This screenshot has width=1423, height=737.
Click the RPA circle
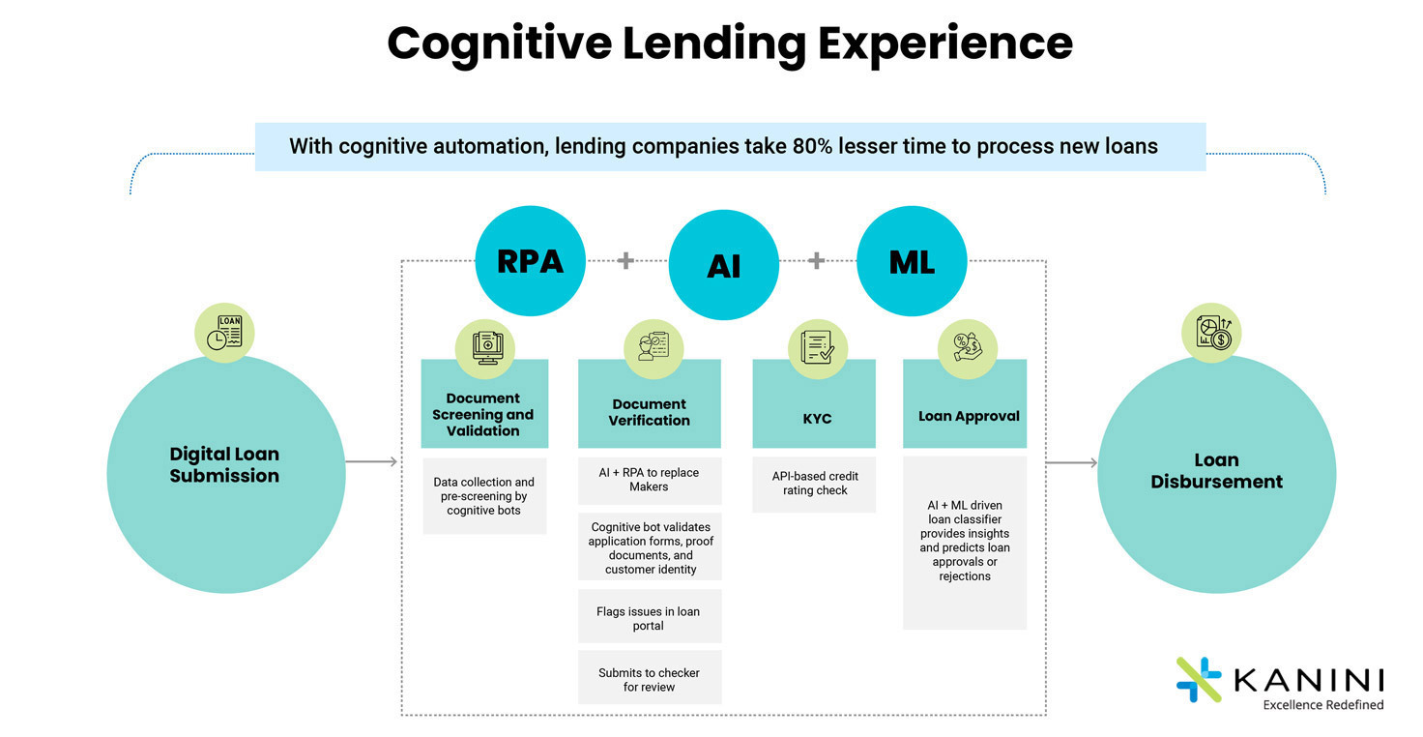coord(531,260)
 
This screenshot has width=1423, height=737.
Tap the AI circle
coord(723,265)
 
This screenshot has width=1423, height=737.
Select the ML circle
coord(912,260)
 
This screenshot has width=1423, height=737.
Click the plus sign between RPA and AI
coord(625,260)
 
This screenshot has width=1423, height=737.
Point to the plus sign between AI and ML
coord(816,260)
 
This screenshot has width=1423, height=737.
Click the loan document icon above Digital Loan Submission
coord(224,333)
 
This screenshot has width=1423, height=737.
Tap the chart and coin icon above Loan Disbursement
coord(1211,333)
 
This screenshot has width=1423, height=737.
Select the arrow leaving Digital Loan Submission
coord(371,462)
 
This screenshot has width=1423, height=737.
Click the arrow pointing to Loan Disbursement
coord(1072,462)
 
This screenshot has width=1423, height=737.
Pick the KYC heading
coord(817,419)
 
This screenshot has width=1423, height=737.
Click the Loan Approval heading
coord(969,416)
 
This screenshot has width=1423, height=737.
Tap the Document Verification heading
coord(650,412)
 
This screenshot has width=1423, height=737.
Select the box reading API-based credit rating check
coord(814,485)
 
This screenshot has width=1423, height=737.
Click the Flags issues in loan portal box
coord(650,616)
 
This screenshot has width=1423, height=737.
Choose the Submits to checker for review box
coord(650,677)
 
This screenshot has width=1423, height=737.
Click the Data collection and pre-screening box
coord(484,496)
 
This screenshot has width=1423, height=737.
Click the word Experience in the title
coord(945,44)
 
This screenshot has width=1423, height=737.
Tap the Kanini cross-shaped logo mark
coord(1199,679)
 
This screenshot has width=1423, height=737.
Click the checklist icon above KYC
coord(818,348)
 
